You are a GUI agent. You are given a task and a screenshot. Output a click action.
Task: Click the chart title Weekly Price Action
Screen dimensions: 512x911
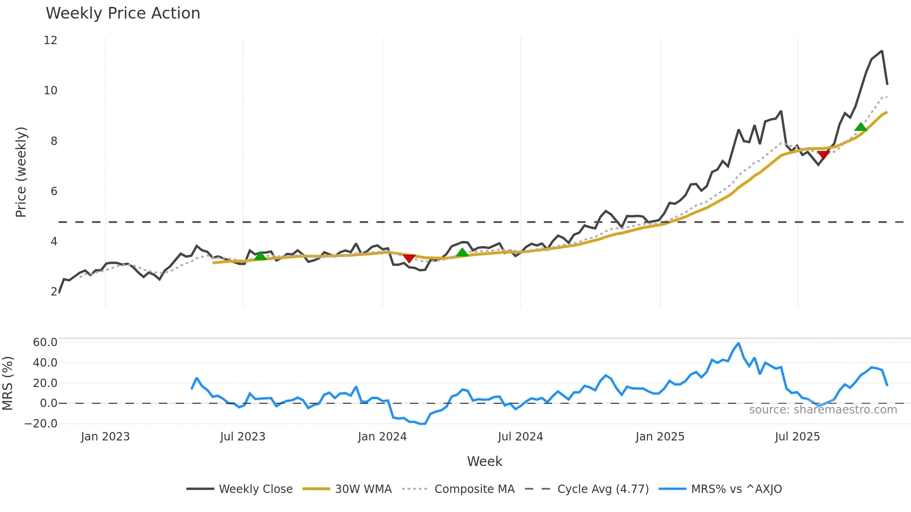pyautogui.click(x=123, y=13)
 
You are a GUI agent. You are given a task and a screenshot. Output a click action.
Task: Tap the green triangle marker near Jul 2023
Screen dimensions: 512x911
pyautogui.click(x=260, y=256)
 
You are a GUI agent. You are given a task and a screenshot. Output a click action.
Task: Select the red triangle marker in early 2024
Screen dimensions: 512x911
pyautogui.click(x=409, y=258)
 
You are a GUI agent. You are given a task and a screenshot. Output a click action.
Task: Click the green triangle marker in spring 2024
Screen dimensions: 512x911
pyautogui.click(x=462, y=253)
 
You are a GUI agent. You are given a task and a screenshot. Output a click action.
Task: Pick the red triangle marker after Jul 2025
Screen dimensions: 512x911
pyautogui.click(x=824, y=155)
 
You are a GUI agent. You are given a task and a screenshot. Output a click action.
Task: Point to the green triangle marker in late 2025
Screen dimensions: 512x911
pyautogui.click(x=860, y=127)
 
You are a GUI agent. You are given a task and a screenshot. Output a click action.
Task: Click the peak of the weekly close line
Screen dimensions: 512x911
pyautogui.click(x=882, y=51)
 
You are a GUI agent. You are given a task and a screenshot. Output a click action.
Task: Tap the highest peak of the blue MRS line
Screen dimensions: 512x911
pyautogui.click(x=738, y=343)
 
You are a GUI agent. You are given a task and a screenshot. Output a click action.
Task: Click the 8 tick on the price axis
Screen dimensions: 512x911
pyautogui.click(x=54, y=141)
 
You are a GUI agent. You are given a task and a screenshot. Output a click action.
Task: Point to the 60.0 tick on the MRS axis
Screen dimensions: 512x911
pyautogui.click(x=45, y=342)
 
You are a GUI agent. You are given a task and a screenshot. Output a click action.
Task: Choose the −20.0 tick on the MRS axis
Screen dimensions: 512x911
pyautogui.click(x=41, y=424)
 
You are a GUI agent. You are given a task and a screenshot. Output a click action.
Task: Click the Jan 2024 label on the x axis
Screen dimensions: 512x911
pyautogui.click(x=382, y=437)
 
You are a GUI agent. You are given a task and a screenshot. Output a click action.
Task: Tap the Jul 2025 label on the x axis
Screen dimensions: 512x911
pyautogui.click(x=797, y=437)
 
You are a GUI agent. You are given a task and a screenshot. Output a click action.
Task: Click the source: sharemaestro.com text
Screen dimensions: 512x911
pyautogui.click(x=823, y=410)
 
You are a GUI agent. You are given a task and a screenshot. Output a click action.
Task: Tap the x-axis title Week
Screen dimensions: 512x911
pyautogui.click(x=484, y=461)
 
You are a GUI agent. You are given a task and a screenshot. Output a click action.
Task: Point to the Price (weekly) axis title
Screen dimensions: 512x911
pyautogui.click(x=21, y=172)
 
